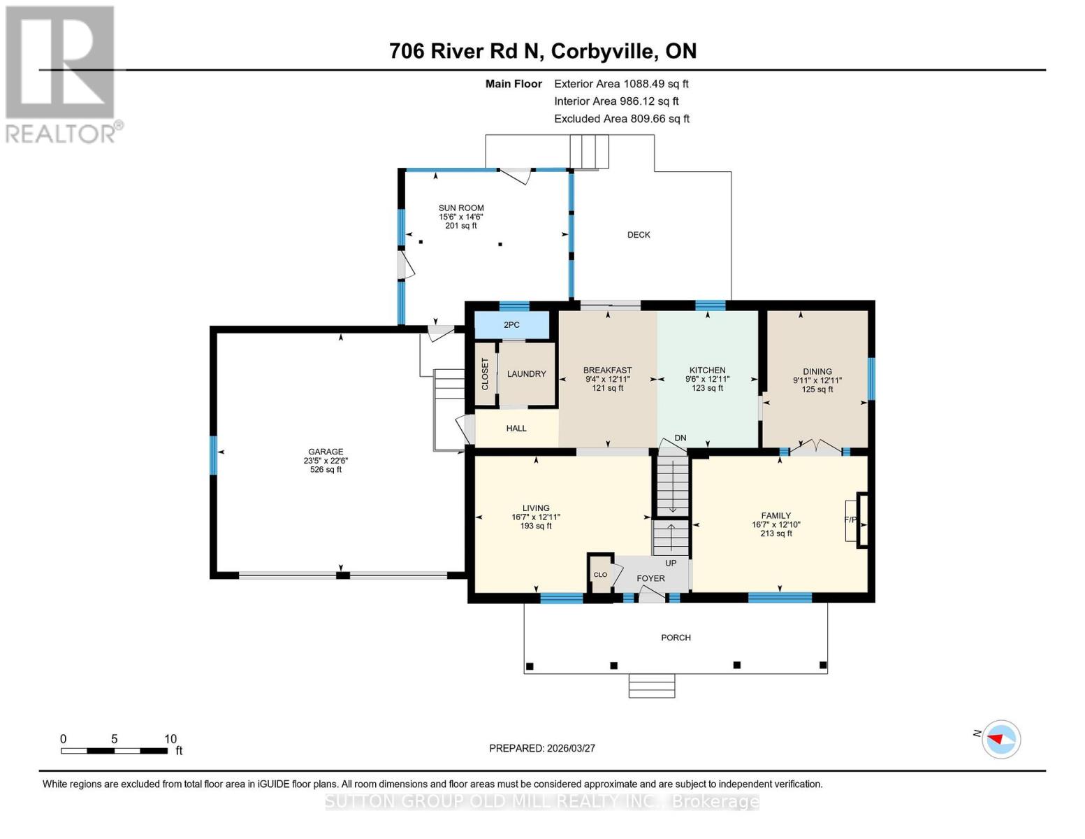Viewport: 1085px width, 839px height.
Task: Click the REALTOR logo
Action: pos(61,73)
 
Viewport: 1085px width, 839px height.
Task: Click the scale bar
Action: pos(114,750)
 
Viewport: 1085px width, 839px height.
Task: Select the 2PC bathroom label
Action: pos(511,325)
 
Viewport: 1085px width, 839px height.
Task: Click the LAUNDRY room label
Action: pos(526,374)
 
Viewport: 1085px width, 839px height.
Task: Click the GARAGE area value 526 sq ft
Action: pos(326,470)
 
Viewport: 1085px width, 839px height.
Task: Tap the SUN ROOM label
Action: pos(461,208)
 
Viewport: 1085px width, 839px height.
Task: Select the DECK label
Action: pos(639,235)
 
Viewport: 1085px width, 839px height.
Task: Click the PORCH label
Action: pos(676,638)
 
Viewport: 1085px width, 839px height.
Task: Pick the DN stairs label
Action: pos(680,438)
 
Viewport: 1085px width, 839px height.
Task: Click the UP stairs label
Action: pos(671,563)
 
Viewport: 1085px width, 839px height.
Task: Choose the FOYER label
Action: pos(650,578)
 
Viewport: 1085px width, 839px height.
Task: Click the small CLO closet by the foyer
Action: pos(600,575)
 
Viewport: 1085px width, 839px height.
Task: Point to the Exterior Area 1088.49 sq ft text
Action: pos(621,84)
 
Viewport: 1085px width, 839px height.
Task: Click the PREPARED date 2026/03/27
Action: pos(542,748)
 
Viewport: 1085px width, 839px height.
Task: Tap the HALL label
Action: pos(516,429)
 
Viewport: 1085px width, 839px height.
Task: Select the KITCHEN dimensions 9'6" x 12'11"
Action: pos(707,380)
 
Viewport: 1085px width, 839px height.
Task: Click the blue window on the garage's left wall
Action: pos(213,455)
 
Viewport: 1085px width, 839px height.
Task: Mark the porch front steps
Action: pos(651,686)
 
